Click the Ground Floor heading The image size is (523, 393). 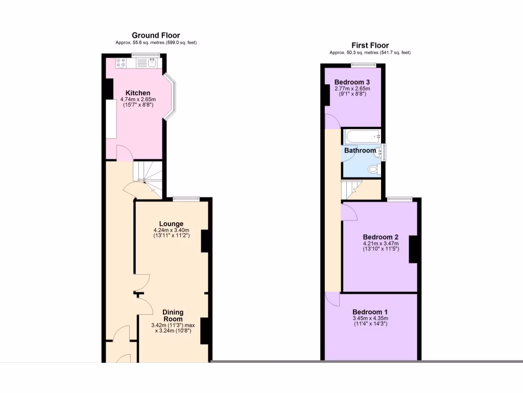pyautogui.click(x=156, y=35)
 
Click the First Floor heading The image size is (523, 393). pyautogui.click(x=370, y=45)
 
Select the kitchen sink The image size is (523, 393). pyautogui.click(x=152, y=63)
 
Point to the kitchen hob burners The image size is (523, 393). pyautogui.click(x=121, y=63)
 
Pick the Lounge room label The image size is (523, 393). pyautogui.click(x=171, y=224)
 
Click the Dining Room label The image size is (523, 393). pyautogui.click(x=173, y=315)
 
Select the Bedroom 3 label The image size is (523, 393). pyautogui.click(x=352, y=82)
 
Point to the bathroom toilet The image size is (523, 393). pyautogui.click(x=373, y=169)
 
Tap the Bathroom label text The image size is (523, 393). pyautogui.click(x=360, y=150)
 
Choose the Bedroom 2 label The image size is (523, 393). pyautogui.click(x=381, y=237)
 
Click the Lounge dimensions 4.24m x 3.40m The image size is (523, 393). pyautogui.click(x=171, y=231)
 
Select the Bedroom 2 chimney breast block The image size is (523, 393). pyautogui.click(x=413, y=249)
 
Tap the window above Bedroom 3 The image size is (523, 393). pyautogui.click(x=363, y=64)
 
